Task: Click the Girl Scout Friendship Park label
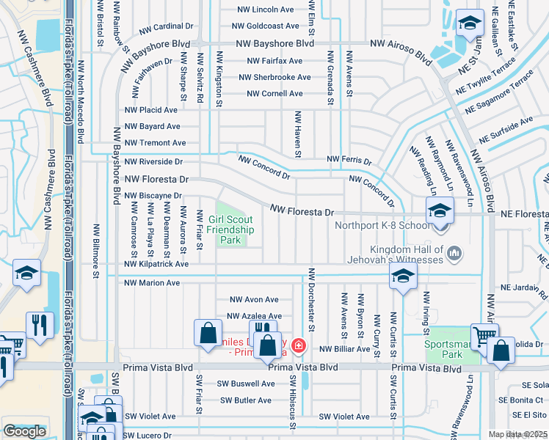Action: click(x=230, y=230)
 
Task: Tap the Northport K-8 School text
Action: click(x=382, y=225)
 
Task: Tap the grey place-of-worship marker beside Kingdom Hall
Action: click(x=454, y=253)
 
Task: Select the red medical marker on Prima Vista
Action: click(x=298, y=345)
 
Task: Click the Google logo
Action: click(x=24, y=431)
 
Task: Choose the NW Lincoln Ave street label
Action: click(x=265, y=10)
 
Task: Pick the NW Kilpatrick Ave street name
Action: click(x=156, y=264)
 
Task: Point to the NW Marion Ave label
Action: click(x=152, y=283)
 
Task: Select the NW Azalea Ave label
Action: click(x=254, y=316)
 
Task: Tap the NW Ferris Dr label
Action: click(x=349, y=159)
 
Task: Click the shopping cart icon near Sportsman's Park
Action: click(x=484, y=336)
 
